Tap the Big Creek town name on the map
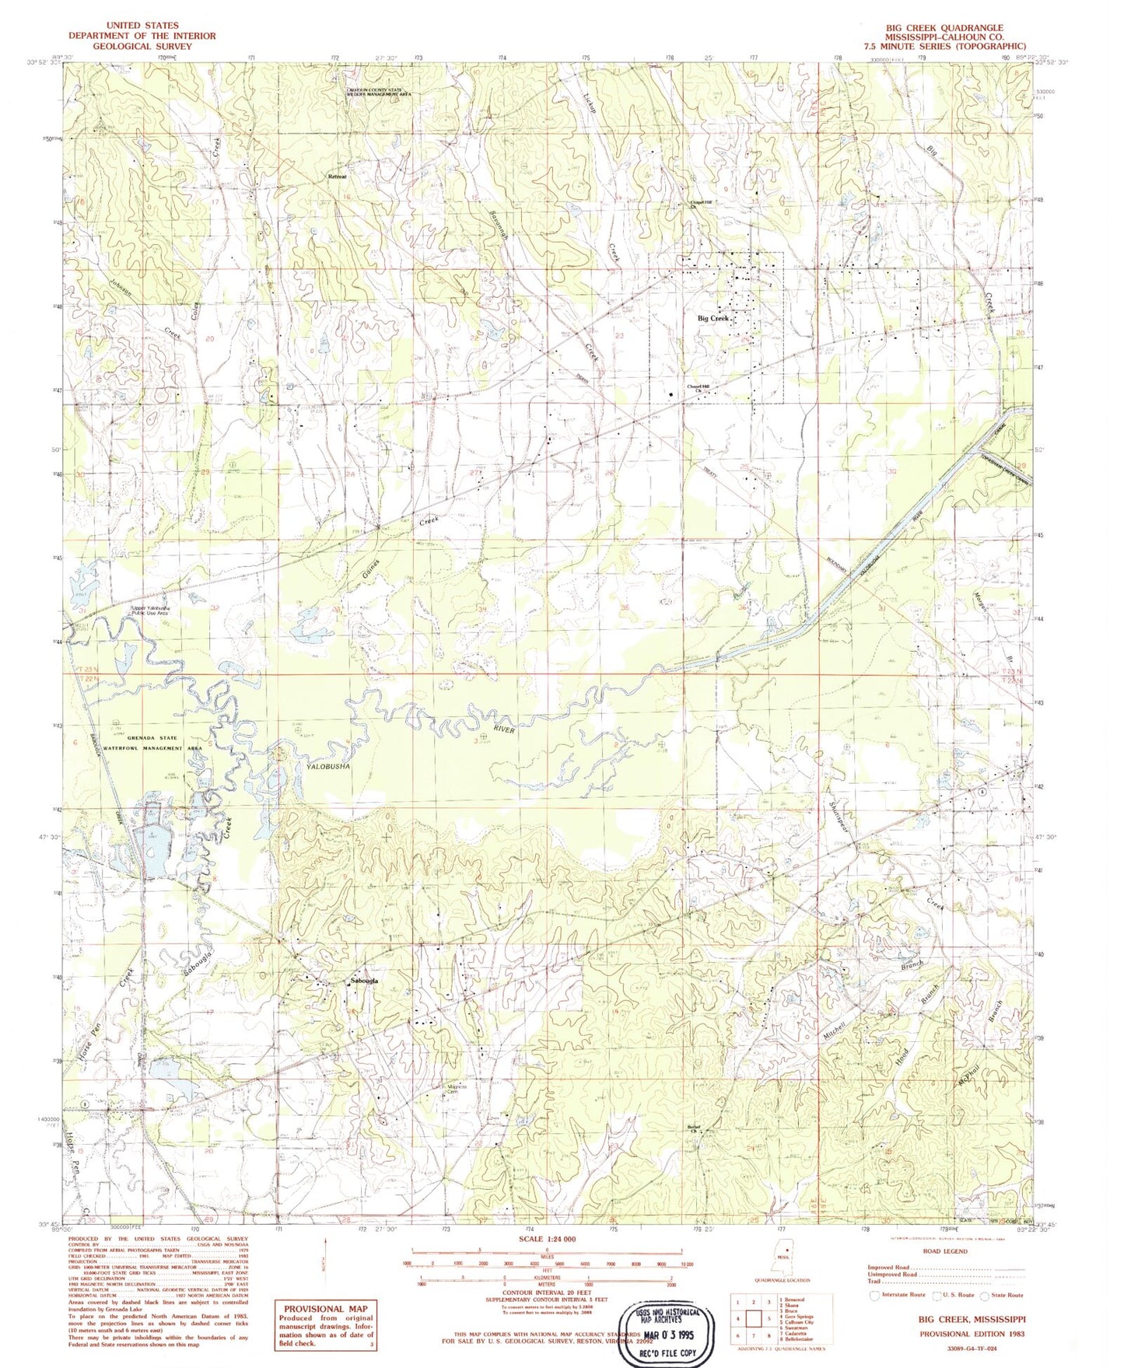[713, 319]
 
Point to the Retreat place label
[337, 177]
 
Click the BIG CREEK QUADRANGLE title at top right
[944, 26]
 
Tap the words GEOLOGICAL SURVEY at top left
[142, 46]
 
